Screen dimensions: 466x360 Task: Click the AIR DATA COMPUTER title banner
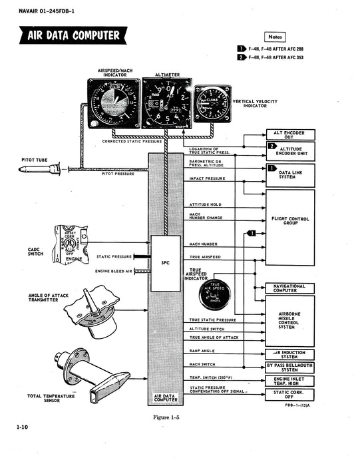tap(70, 35)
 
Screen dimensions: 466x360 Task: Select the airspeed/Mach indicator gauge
tap(114, 103)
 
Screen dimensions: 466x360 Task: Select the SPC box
tap(165, 263)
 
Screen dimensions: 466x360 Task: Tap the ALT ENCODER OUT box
tap(290, 134)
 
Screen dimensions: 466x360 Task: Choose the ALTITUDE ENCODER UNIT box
tap(290, 152)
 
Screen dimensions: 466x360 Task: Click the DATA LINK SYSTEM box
tap(290, 172)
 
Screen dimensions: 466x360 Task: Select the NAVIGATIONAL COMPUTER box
tap(290, 288)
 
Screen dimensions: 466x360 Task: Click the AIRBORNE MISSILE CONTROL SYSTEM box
tap(290, 322)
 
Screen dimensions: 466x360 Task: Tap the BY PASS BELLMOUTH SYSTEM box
tap(290, 367)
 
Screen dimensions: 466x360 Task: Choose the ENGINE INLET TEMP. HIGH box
tap(290, 381)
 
